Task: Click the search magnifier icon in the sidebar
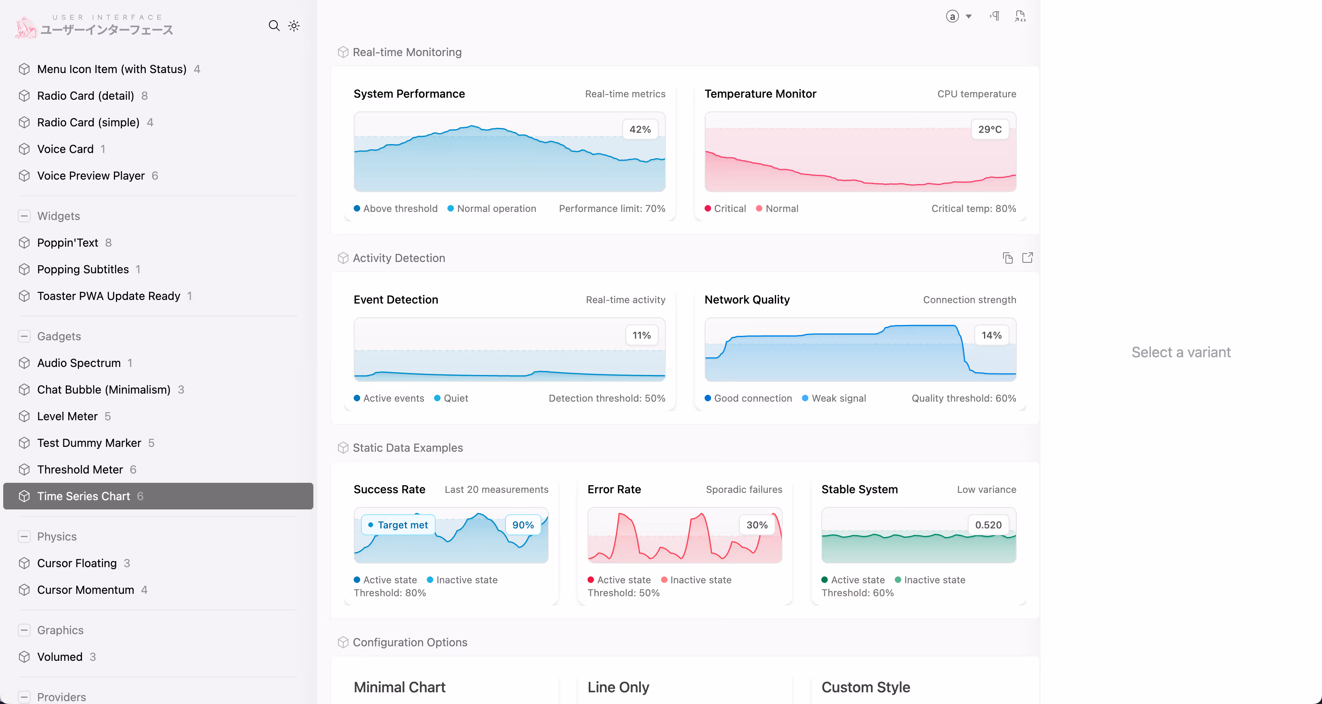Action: click(274, 26)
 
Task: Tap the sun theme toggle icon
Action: click(294, 26)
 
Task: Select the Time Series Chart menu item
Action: click(83, 496)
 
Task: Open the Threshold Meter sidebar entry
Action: click(80, 469)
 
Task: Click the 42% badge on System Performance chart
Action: click(640, 129)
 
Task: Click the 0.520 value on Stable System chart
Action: click(988, 525)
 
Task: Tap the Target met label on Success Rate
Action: click(398, 525)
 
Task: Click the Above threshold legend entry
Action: click(396, 208)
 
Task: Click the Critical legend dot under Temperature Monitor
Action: click(708, 208)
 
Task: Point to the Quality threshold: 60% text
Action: click(963, 398)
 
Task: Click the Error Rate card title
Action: click(614, 490)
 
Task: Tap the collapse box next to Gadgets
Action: click(24, 336)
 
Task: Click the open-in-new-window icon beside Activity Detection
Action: click(1027, 258)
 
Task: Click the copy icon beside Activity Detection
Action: click(1007, 258)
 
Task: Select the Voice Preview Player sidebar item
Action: click(90, 176)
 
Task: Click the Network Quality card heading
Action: click(747, 300)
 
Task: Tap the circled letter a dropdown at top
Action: click(958, 17)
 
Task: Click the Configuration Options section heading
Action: click(409, 642)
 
